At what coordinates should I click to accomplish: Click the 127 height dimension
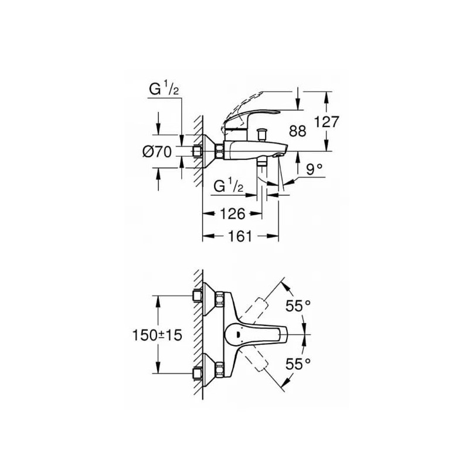point(327,122)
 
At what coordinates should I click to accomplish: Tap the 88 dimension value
point(298,131)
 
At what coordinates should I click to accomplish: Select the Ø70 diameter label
point(157,152)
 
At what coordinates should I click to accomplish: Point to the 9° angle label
point(314,169)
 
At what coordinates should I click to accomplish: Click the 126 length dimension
point(232,213)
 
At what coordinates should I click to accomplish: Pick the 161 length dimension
point(240,236)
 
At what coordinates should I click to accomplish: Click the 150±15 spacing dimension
point(157,335)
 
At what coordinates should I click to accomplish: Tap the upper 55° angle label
point(298,305)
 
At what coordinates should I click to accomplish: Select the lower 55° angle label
point(298,364)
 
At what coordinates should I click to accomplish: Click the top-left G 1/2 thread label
point(164,89)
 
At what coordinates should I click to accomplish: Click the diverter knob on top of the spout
point(262,134)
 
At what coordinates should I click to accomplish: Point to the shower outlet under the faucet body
point(262,162)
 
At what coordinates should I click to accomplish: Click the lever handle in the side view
point(252,119)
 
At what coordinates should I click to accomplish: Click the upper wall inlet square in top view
point(197,296)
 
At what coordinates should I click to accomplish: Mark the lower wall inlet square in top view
point(197,373)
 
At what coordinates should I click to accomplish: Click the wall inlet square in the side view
point(197,151)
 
